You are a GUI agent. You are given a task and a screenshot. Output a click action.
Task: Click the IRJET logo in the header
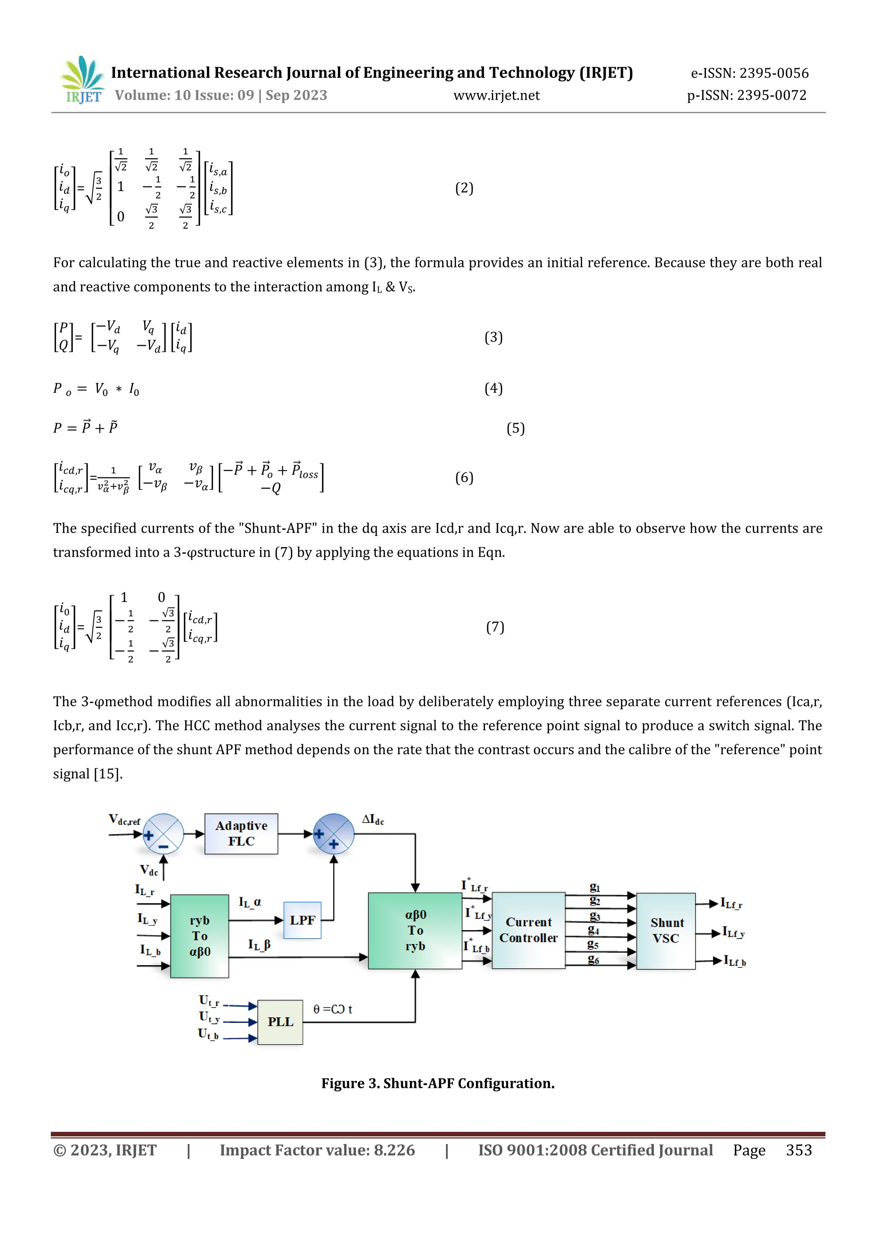[83, 80]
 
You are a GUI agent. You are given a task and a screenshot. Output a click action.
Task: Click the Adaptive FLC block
[241, 834]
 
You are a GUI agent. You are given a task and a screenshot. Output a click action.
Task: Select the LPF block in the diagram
[302, 920]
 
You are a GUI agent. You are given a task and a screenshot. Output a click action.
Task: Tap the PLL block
[280, 1022]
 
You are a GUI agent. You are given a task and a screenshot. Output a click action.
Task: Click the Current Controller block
[528, 930]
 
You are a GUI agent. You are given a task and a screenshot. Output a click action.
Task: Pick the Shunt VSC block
[666, 931]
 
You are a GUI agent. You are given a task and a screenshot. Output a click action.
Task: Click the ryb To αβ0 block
[200, 936]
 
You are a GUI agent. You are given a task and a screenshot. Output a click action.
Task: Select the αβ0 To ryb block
[415, 931]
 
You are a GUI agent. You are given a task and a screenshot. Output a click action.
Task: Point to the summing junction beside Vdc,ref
[163, 834]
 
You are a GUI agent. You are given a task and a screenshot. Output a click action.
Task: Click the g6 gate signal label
[593, 959]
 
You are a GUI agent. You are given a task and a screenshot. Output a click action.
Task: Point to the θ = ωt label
[333, 1009]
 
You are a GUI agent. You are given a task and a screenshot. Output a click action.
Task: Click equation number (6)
[464, 477]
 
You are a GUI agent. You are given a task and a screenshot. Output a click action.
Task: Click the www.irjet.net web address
[496, 95]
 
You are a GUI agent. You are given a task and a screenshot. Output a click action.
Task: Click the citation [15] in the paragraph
[108, 774]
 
